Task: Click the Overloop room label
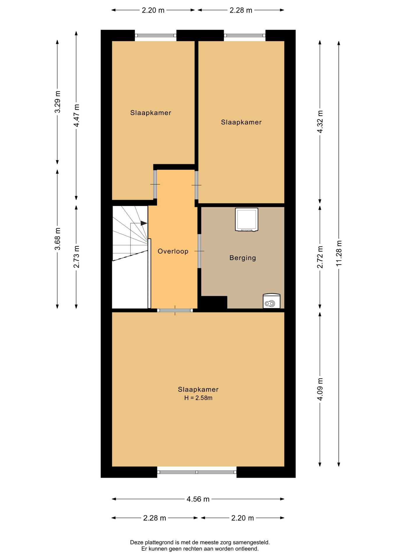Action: (x=173, y=251)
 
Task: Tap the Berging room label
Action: (x=243, y=258)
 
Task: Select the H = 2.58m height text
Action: (x=198, y=398)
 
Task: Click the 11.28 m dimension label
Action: (x=339, y=253)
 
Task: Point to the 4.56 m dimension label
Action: (x=198, y=499)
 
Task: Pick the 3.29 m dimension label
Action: (x=57, y=102)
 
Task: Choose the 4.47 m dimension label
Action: (x=76, y=115)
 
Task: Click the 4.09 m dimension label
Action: (x=320, y=389)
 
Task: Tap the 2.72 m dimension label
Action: (x=320, y=257)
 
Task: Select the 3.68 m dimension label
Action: (x=57, y=239)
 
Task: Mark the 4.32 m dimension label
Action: (x=320, y=121)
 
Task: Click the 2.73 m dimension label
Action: (x=76, y=257)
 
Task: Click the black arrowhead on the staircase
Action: (x=144, y=223)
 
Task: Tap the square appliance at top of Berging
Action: (x=247, y=220)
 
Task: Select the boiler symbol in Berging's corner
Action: (x=271, y=301)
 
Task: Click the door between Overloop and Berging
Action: (x=199, y=251)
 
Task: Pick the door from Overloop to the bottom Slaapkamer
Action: (x=175, y=310)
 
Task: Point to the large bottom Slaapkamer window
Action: (x=197, y=472)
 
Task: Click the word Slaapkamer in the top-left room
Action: (x=151, y=113)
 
